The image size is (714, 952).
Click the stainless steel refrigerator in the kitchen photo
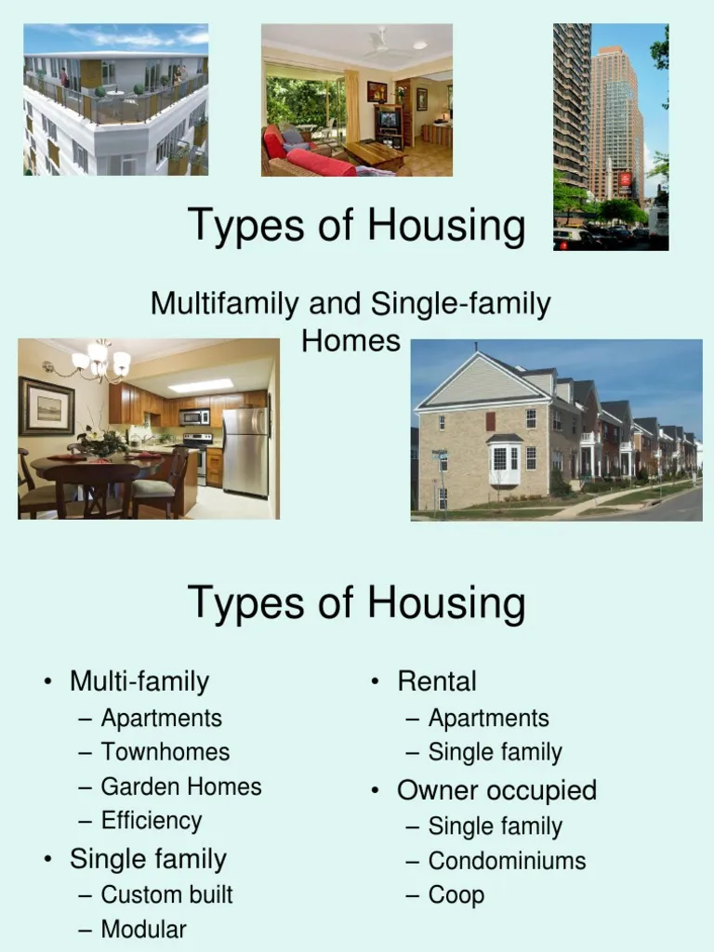click(245, 452)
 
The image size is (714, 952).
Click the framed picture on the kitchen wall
click(46, 406)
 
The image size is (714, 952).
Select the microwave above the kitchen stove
click(194, 417)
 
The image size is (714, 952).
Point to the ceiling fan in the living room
click(385, 44)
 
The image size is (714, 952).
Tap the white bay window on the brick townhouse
click(504, 464)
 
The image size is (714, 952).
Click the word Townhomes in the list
click(165, 751)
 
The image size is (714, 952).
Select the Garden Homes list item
click(181, 787)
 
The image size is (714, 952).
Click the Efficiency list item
click(152, 821)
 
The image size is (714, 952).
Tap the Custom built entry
click(166, 894)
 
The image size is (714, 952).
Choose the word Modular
click(143, 929)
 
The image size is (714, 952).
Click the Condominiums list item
click(507, 860)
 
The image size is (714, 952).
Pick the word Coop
click(456, 895)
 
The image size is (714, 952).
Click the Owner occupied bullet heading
click(496, 790)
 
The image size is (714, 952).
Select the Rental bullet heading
click(437, 681)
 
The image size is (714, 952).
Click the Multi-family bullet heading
click(139, 681)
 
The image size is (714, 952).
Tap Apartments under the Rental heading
click(488, 719)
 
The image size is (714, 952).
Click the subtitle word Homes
click(350, 340)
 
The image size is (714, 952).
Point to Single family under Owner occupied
click(495, 826)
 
